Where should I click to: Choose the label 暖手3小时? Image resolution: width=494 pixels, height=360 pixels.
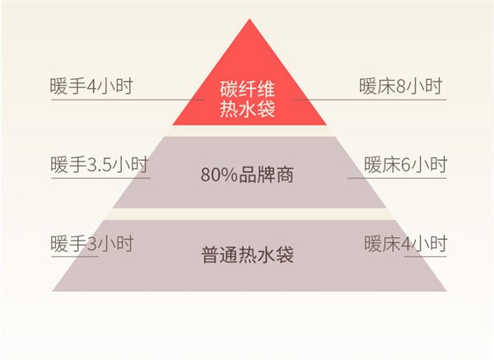click(x=91, y=244)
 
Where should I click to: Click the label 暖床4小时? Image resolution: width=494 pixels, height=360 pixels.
click(x=405, y=244)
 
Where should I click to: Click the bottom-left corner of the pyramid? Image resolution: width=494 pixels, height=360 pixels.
click(x=53, y=290)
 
